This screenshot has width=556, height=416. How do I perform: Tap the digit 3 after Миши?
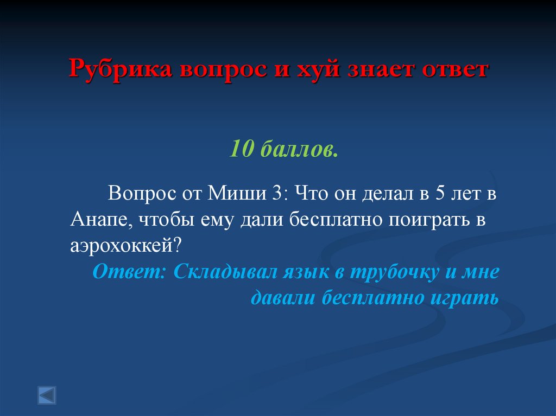coord(273,193)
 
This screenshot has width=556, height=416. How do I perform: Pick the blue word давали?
coord(283,298)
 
